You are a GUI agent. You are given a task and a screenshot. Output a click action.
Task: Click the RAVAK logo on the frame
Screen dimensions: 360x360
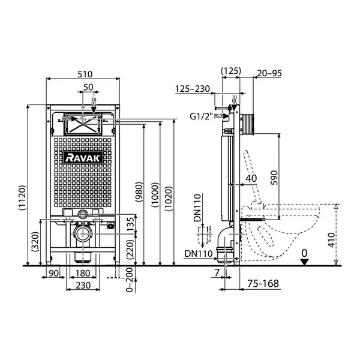pyautogui.click(x=83, y=158)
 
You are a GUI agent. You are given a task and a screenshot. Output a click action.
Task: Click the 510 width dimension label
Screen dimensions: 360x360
pyautogui.click(x=85, y=74)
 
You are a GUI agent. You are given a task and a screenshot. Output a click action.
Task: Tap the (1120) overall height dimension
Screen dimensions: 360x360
pyautogui.click(x=22, y=198)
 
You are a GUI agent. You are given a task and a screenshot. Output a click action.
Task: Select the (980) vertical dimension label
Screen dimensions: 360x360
pyautogui.click(x=139, y=192)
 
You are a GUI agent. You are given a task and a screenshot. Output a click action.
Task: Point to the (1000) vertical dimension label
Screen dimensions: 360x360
pyautogui.click(x=155, y=195)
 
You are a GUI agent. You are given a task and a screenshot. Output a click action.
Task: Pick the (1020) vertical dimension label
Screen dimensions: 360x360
pyautogui.click(x=169, y=199)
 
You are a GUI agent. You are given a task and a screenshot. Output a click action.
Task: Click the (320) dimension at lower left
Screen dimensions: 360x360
pyautogui.click(x=35, y=242)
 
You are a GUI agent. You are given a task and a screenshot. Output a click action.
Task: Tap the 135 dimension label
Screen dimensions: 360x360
pyautogui.click(x=130, y=224)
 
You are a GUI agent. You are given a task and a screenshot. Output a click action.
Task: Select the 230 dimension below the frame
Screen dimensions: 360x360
pyautogui.click(x=83, y=286)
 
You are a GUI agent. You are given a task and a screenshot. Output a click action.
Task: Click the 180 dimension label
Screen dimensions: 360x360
pyautogui.click(x=83, y=273)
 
